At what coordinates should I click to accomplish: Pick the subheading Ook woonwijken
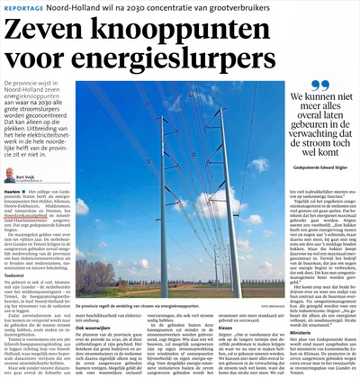tap(93, 302)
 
